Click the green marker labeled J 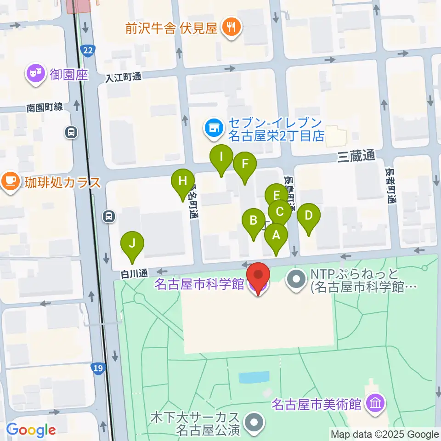pos(132,243)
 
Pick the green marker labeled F pos(244,164)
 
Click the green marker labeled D pos(309,215)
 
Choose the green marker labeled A pos(276,235)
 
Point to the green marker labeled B pos(253,220)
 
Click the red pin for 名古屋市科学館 pos(258,276)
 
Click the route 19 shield pos(97,367)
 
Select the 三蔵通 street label pos(357,157)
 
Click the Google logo pos(31,430)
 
